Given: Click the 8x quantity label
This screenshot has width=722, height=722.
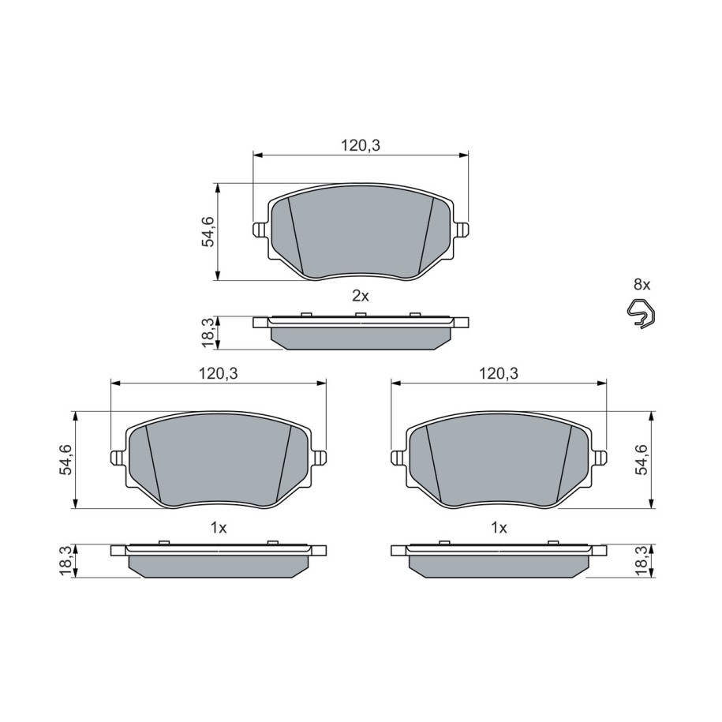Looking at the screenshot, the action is coord(642,285).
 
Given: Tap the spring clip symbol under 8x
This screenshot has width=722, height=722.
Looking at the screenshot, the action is coord(640,312).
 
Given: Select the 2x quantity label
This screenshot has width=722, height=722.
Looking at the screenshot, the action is coord(361,296).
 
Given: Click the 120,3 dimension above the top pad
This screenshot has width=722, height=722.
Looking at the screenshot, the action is coord(361,145).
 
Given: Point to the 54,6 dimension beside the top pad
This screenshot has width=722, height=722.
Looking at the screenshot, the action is coord(208,232).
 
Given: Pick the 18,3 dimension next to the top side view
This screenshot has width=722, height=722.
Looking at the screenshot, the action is coord(208,332).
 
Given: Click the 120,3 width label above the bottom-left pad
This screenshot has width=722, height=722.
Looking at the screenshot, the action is coord(219,373).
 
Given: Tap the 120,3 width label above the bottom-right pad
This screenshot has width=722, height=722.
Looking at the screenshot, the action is coord(499,373).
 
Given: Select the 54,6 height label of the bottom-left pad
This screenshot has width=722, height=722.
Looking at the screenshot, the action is coord(65,459).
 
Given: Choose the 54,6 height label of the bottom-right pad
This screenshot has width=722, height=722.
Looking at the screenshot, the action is coord(641,459).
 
